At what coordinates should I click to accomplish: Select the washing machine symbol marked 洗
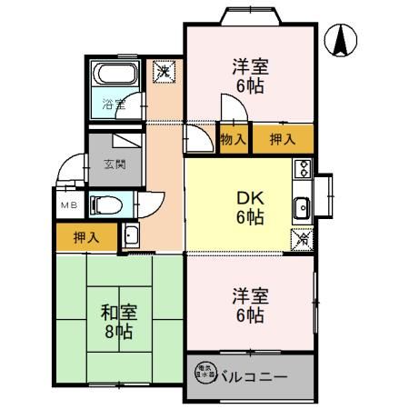[x=164, y=71]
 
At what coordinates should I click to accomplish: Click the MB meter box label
[x=69, y=205]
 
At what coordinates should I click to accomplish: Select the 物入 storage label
[x=233, y=139]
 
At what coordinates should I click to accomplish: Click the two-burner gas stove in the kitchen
[x=302, y=169]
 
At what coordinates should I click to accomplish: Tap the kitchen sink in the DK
[x=302, y=208]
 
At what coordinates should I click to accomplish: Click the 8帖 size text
[x=118, y=333]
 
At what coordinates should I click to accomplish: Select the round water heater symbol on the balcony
[x=201, y=372]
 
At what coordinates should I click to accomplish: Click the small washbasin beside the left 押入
[x=130, y=237]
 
